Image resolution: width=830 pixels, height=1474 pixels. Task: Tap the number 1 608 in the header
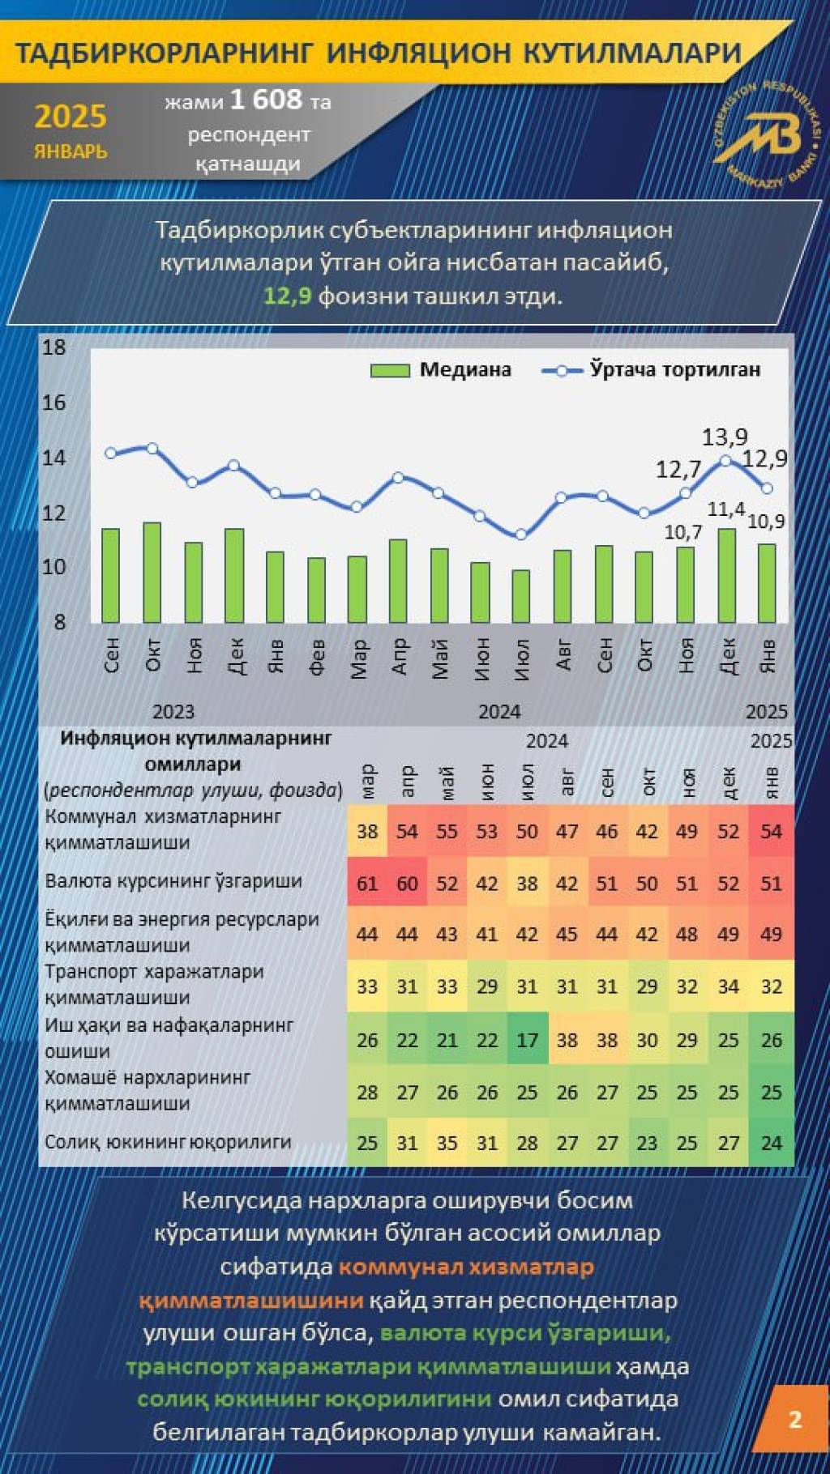pos(266,100)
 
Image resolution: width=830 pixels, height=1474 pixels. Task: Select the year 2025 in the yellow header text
pos(71,117)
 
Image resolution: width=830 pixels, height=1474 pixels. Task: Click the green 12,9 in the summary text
pos(288,296)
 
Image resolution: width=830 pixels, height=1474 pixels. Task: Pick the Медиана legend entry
pos(442,370)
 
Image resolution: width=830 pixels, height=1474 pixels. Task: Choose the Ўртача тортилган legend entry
pos(652,370)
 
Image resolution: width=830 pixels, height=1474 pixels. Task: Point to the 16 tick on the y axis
pos(54,403)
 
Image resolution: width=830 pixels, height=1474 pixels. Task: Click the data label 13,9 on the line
pos(724,437)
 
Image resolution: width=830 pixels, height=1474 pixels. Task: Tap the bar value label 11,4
pos(725,509)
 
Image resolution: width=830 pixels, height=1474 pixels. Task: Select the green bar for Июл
pos(521,596)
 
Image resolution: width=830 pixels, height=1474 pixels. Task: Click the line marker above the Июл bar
pos(521,535)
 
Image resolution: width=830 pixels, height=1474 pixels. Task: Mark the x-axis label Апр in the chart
pos(399,656)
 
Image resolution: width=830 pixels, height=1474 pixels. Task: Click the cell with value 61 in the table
pos(367,883)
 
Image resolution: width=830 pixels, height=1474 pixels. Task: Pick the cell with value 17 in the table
pos(527,1040)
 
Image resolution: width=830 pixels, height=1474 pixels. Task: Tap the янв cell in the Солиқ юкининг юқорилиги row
pos(771,1143)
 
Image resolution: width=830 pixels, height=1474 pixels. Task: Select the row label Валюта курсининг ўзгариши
pos(173,881)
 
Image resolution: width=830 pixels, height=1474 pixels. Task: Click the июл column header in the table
pos(527,782)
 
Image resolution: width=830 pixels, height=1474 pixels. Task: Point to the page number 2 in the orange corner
pos(795,1419)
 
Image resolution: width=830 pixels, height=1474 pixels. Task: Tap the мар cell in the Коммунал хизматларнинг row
pos(367,831)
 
